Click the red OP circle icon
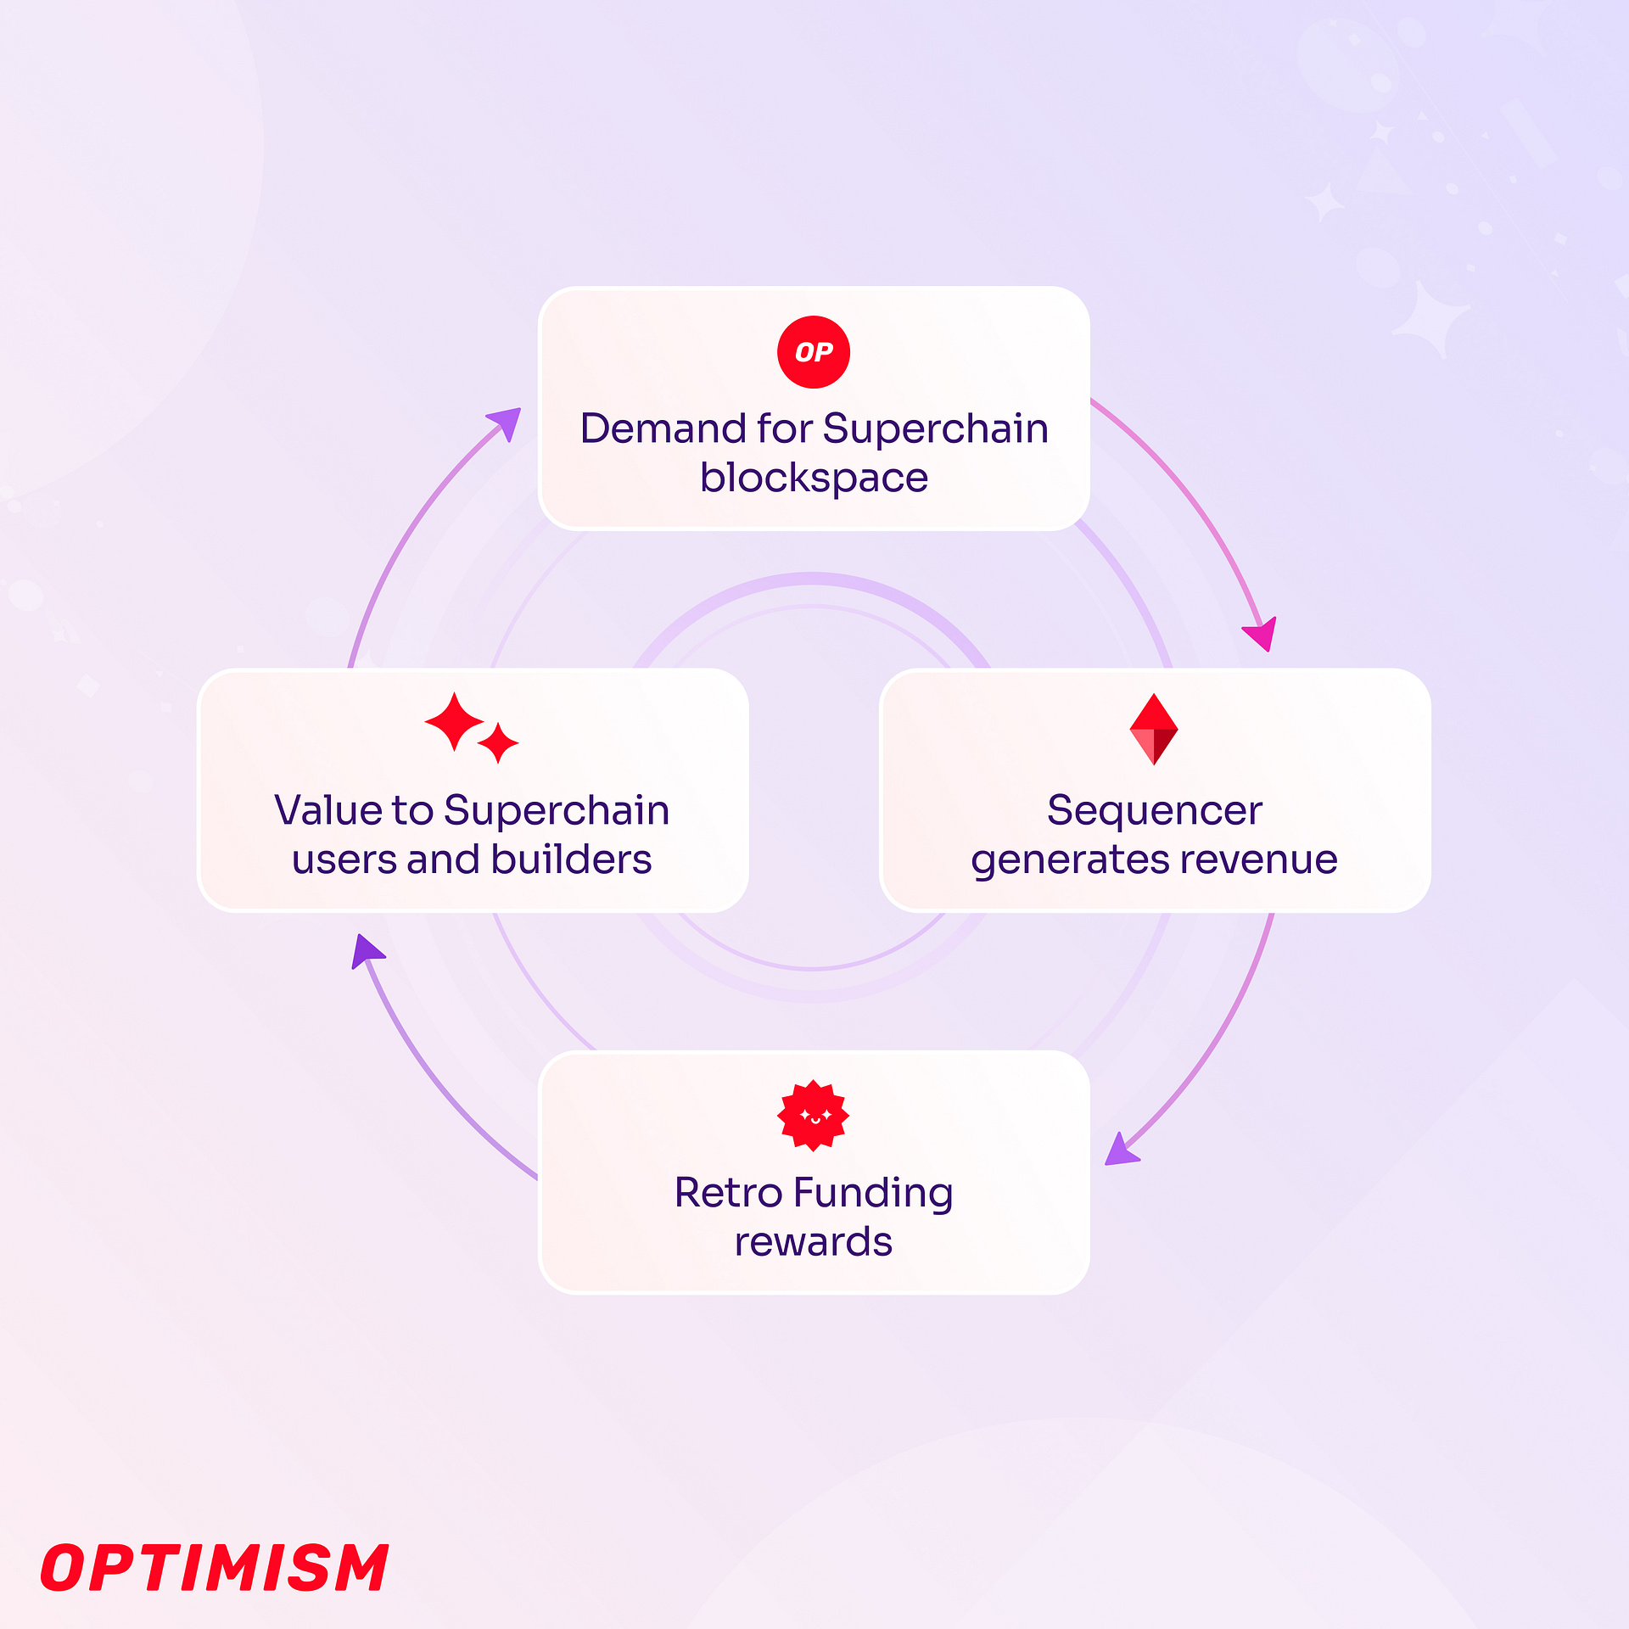(813, 352)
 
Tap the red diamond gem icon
(1154, 729)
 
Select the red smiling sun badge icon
(813, 1116)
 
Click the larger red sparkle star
(454, 722)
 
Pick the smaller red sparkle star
(498, 743)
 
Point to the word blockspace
(814, 479)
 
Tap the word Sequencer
(1154, 810)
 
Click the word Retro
(728, 1192)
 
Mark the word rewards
(813, 1242)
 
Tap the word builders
(571, 859)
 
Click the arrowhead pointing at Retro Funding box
(1121, 1150)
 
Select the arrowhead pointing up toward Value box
(367, 950)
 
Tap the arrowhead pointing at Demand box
(506, 423)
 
